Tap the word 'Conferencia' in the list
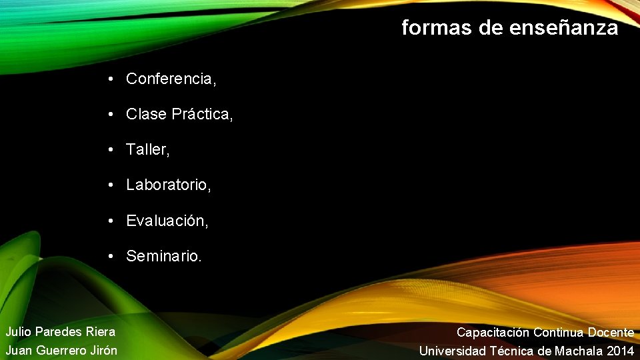(169, 79)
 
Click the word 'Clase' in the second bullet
(146, 114)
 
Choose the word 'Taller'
(147, 149)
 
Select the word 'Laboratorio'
(167, 185)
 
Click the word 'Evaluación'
(165, 220)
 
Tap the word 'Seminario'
(161, 255)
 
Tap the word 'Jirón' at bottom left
(103, 350)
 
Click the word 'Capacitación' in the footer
(493, 332)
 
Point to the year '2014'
(621, 351)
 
